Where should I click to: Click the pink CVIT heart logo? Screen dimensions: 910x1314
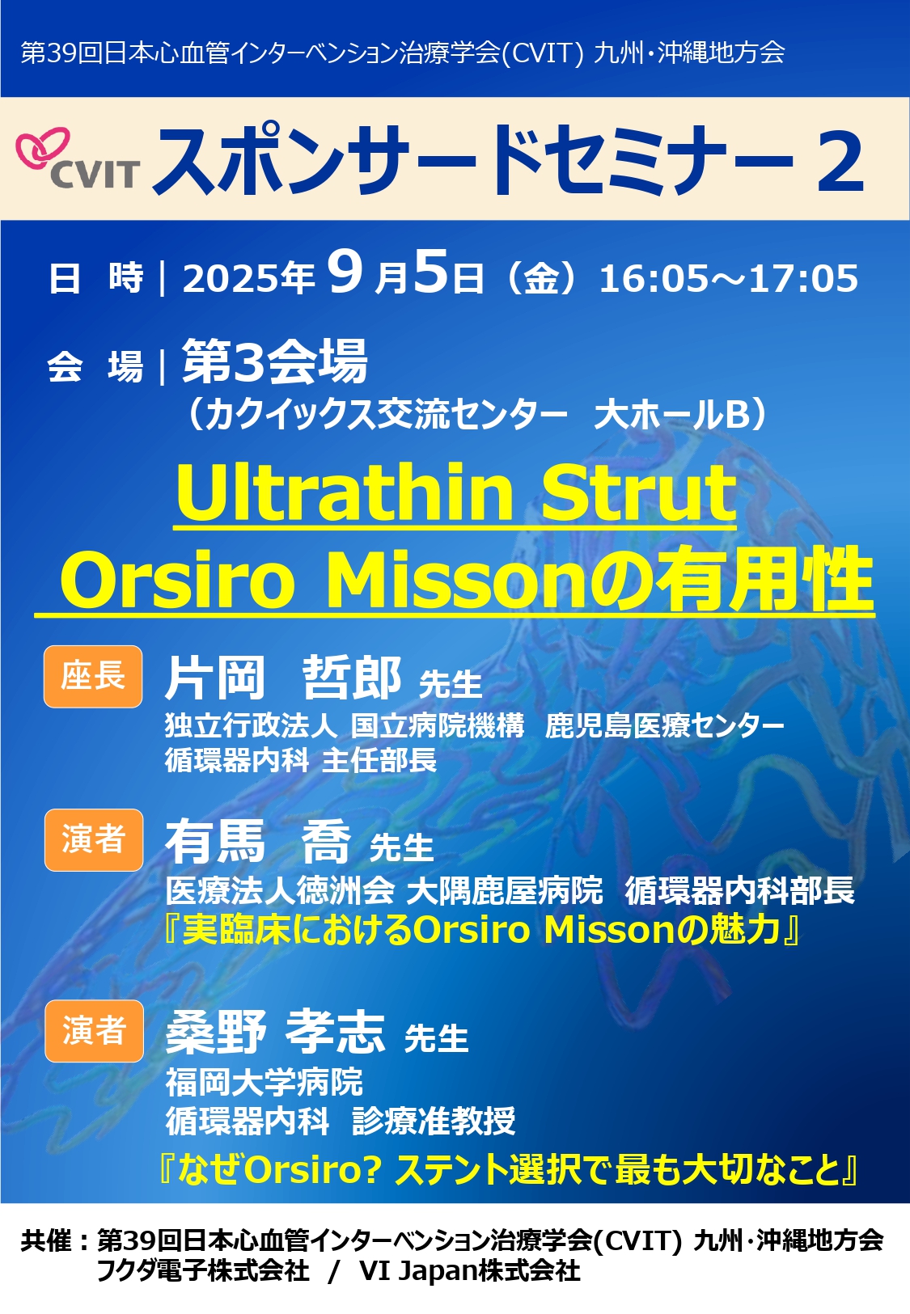coord(42,150)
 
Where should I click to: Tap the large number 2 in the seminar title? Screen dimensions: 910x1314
coord(840,161)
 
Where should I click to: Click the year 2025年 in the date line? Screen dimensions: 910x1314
coord(249,278)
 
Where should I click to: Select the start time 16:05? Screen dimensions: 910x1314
coord(654,278)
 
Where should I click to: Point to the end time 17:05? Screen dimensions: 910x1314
coord(804,278)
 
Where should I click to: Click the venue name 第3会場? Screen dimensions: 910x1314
coord(274,361)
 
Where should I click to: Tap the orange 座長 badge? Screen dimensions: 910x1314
coord(93,676)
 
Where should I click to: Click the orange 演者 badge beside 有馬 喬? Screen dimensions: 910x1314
coord(93,839)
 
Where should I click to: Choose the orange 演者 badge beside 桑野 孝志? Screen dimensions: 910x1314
coord(94,1031)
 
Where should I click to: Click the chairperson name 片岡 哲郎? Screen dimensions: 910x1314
coord(283,678)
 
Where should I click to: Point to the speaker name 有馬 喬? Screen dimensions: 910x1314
coord(258,842)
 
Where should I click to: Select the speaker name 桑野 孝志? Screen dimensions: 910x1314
coord(275,1033)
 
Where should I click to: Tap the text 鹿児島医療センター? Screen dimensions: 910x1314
coord(664,726)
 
